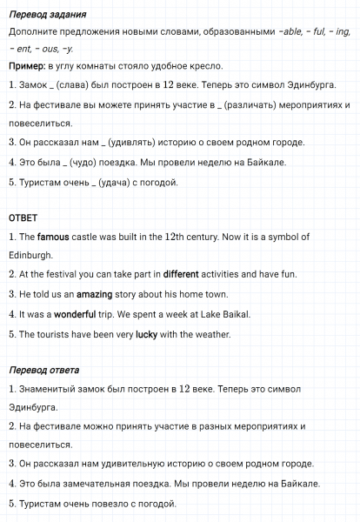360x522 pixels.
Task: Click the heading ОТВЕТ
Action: (23, 217)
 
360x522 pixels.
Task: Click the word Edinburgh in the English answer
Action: (31, 255)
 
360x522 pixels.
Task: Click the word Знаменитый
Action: (53, 389)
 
